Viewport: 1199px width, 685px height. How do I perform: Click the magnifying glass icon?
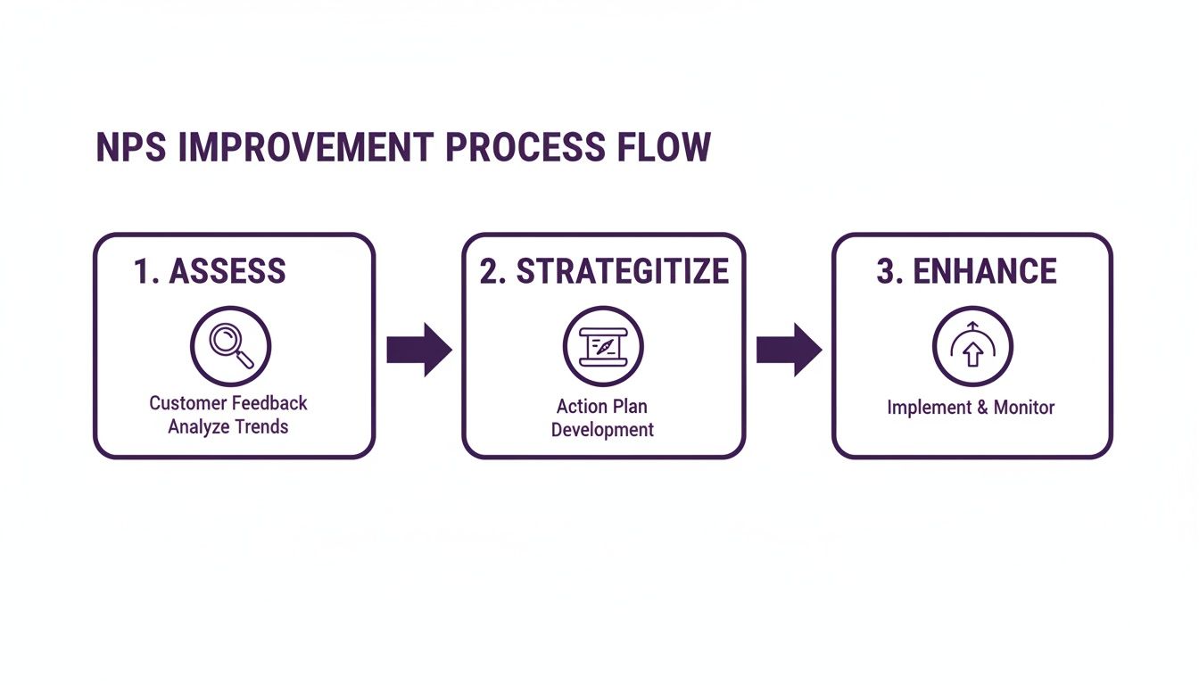pos(231,345)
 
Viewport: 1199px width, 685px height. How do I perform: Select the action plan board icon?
pos(603,346)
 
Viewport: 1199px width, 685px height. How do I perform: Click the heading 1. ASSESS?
pos(210,271)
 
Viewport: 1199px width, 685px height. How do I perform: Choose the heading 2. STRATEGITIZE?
pos(603,271)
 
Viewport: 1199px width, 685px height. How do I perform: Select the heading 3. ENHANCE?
pos(966,271)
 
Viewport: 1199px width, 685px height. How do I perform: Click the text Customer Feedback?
pos(228,403)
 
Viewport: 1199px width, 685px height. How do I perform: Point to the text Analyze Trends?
pos(228,426)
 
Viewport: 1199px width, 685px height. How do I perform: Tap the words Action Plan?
pos(602,407)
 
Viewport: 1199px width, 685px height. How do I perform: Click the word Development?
pos(602,430)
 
